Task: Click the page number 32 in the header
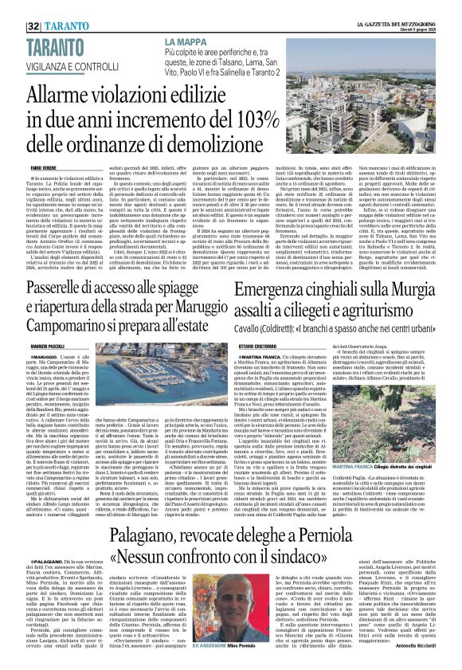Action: click(x=16, y=7)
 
